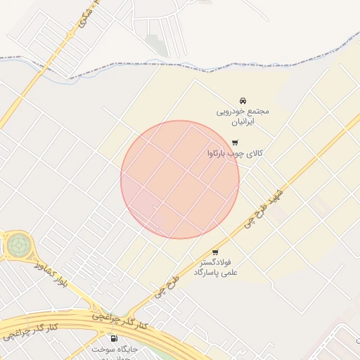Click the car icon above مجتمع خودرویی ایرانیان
[243, 100]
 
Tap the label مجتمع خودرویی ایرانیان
[243, 116]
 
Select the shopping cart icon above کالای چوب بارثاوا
[235, 143]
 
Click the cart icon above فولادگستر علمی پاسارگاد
[215, 252]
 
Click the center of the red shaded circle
[180, 179]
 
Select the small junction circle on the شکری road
[72, 33]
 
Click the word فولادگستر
[215, 262]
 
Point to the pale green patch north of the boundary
[158, 46]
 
